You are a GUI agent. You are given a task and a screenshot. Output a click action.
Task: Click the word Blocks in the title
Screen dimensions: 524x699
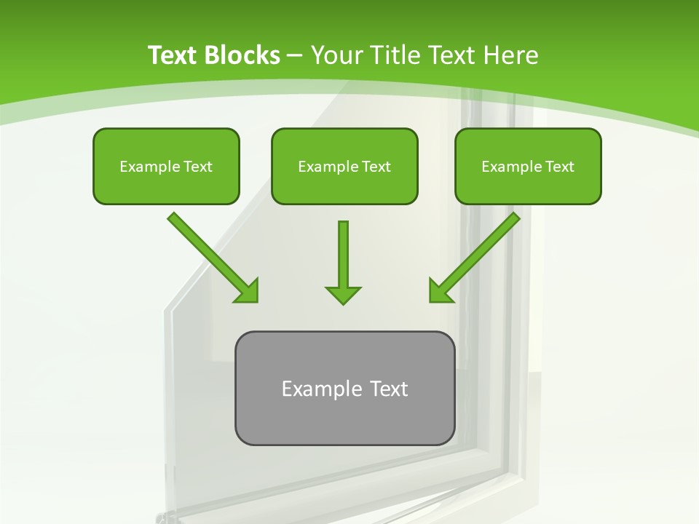244,55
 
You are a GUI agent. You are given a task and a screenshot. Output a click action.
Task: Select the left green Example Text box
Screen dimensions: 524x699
166,166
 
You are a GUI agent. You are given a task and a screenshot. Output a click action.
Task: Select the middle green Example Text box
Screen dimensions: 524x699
344,166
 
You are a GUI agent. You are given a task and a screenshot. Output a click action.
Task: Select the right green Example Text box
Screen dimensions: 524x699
528,166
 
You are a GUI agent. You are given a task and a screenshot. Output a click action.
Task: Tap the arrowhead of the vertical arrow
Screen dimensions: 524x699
343,294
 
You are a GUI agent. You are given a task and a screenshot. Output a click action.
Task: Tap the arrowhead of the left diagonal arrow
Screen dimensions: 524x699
248,291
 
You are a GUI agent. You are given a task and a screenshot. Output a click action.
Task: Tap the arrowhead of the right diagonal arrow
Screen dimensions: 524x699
441,291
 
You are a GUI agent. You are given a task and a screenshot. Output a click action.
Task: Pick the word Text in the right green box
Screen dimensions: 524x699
559,167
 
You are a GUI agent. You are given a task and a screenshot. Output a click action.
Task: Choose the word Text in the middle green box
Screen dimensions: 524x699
376,167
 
